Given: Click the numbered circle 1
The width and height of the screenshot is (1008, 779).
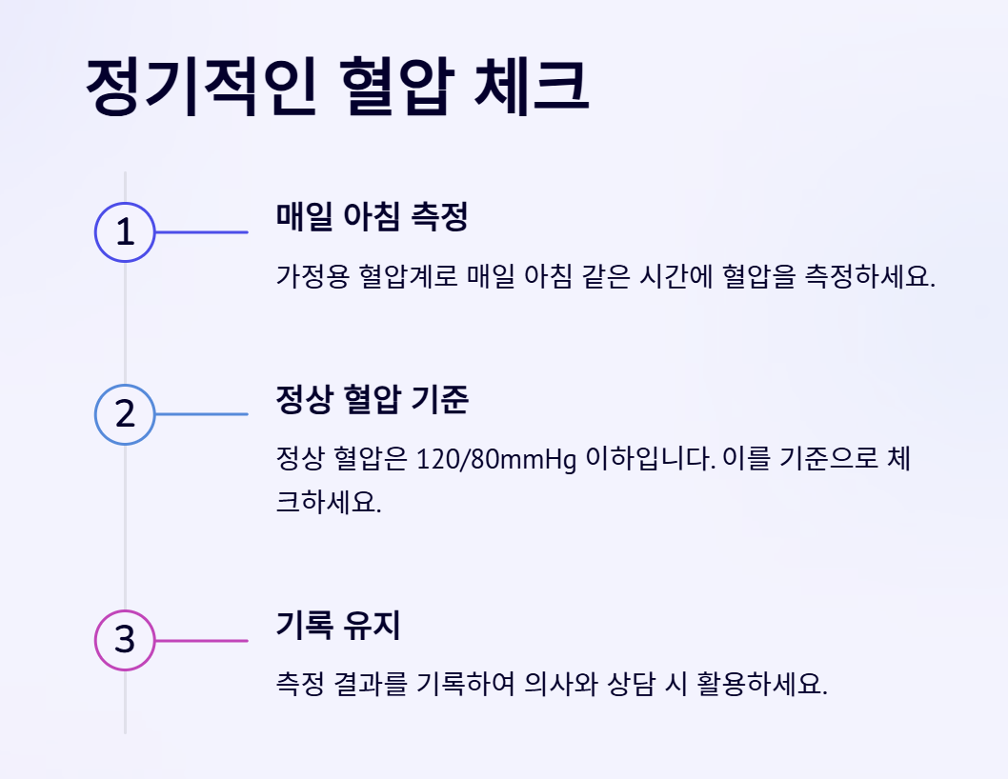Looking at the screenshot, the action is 125,232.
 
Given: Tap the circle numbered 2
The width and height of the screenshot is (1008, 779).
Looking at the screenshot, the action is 125,414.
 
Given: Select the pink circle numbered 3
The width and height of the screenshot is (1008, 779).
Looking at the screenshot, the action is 125,641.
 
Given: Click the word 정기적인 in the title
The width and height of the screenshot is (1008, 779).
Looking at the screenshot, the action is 200,89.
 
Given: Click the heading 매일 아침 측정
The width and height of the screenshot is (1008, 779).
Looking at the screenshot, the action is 372,217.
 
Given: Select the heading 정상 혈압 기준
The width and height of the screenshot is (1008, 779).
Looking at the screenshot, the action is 372,400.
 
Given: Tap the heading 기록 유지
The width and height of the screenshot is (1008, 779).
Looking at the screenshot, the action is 338,626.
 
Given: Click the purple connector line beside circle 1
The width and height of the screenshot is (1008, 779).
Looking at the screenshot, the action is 201,232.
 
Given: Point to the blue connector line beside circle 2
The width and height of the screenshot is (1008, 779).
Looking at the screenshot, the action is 201,414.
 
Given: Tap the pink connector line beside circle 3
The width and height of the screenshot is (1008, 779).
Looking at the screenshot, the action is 201,641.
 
